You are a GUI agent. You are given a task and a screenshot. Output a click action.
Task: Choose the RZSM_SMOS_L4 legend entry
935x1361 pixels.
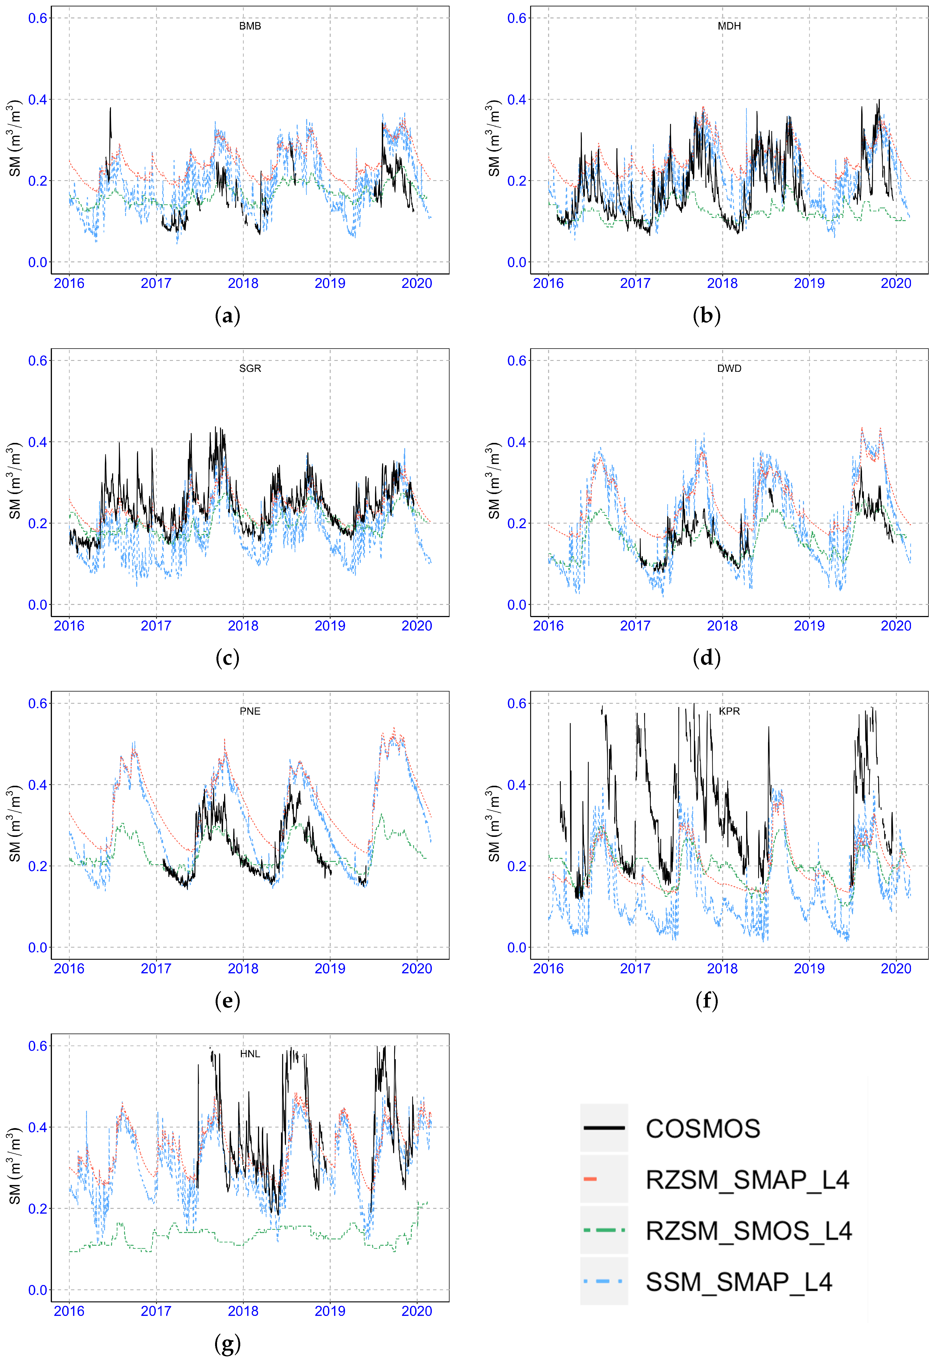point(748,1231)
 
